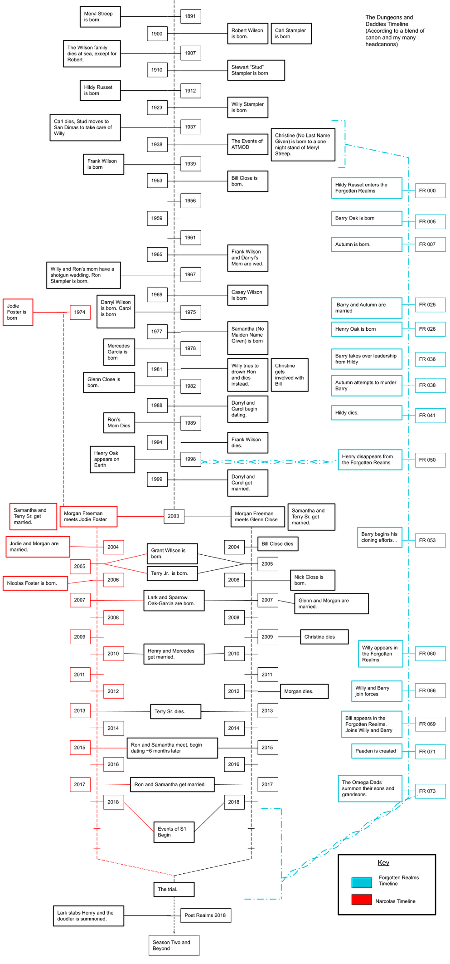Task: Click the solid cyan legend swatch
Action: pyautogui.click(x=362, y=882)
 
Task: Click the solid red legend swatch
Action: pyautogui.click(x=362, y=899)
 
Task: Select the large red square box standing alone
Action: pyautogui.click(x=18, y=312)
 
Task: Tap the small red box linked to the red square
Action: pyautogui.click(x=80, y=312)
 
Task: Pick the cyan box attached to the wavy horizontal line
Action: pyautogui.click(x=370, y=460)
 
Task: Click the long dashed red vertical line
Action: pyautogui.click(x=63, y=408)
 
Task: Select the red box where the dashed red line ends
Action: pyautogui.click(x=89, y=516)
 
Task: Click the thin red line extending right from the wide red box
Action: pyautogui.click(x=140, y=516)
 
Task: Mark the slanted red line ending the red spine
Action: pyautogui.click(x=135, y=867)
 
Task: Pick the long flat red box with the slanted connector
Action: pyautogui.click(x=35, y=583)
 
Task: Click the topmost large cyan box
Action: pyautogui.click(x=367, y=188)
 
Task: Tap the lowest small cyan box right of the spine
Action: pyautogui.click(x=431, y=791)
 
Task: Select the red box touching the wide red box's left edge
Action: pyautogui.click(x=33, y=516)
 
